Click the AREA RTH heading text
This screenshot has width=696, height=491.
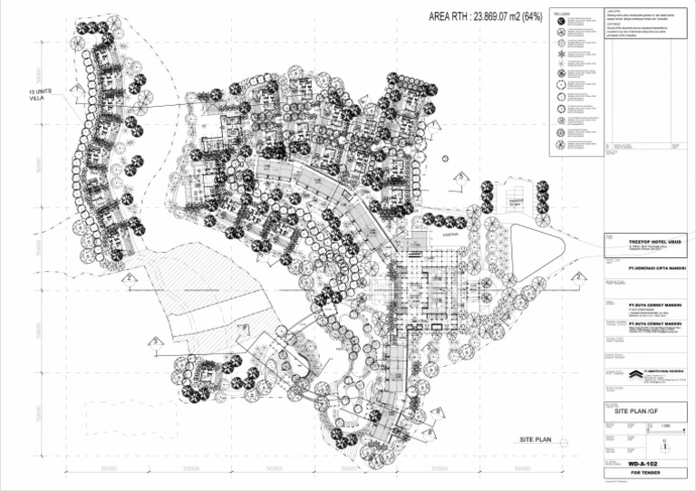pyautogui.click(x=485, y=17)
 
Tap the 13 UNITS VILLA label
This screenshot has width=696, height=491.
pyautogui.click(x=41, y=97)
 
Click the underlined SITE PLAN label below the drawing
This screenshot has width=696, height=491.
pyautogui.click(x=536, y=440)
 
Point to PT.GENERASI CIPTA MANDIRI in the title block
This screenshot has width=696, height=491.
pyautogui.click(x=644, y=268)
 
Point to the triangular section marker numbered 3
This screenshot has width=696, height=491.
pyautogui.click(x=156, y=341)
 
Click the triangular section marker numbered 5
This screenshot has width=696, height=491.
pyautogui.click(x=461, y=177)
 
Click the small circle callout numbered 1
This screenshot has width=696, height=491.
pyautogui.click(x=446, y=159)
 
